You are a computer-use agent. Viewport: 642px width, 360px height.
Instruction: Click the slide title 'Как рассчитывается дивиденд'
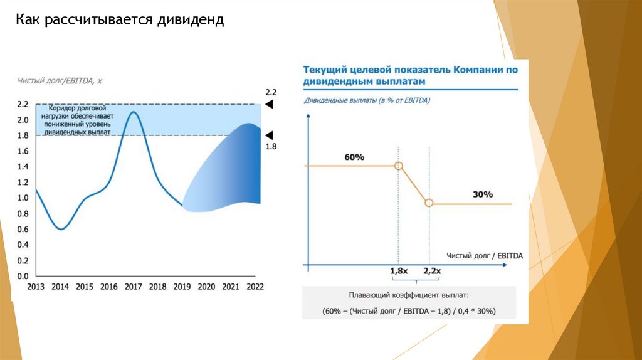119,21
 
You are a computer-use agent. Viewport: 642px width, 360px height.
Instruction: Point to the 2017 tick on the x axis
133,287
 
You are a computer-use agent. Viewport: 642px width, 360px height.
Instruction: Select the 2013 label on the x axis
36,287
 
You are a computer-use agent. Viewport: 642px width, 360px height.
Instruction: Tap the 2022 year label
255,287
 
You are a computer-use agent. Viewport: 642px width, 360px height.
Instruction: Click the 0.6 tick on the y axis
23,229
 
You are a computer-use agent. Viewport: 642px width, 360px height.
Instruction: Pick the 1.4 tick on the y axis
23,166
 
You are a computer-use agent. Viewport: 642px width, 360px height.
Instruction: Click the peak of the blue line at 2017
133,112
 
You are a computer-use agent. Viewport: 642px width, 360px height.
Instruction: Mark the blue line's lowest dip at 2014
61,229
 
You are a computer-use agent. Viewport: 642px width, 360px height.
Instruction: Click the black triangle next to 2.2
270,105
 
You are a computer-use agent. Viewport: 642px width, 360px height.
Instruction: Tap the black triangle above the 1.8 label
270,135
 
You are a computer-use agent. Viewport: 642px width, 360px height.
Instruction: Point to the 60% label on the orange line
354,157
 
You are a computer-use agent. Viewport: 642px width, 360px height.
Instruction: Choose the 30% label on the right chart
483,194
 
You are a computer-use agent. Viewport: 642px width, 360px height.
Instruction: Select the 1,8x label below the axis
399,271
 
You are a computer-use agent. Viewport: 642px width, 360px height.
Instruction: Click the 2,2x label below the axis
432,271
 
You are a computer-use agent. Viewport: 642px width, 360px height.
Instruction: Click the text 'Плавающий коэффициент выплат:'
408,294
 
